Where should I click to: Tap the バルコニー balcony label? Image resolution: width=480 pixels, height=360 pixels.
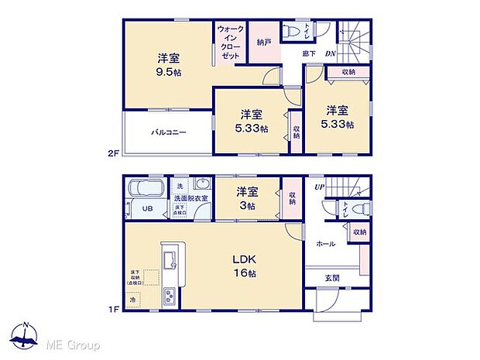pos(168,132)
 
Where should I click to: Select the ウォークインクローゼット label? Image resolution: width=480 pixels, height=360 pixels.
pos(230,43)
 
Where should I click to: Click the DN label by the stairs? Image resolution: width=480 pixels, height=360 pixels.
pos(330,53)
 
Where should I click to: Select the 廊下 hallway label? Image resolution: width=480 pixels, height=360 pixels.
pos(309,53)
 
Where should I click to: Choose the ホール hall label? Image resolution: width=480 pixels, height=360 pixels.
pos(325,244)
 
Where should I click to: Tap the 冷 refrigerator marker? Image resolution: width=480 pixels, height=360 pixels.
pos(133,299)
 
